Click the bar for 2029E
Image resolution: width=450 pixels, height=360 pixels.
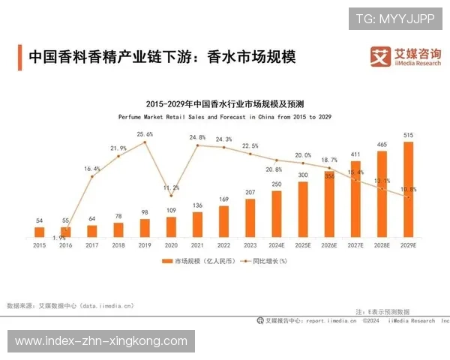[408, 189]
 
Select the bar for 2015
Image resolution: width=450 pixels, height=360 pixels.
[40, 232]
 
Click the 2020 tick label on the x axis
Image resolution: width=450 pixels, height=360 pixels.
[172, 244]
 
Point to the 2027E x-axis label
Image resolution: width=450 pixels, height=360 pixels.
[355, 244]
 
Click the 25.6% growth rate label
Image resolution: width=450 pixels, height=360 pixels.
[145, 134]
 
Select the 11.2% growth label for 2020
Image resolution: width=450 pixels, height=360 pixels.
[171, 187]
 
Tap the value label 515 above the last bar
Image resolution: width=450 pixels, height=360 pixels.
[408, 135]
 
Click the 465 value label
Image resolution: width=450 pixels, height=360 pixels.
[382, 144]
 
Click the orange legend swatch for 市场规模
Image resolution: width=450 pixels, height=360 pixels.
[167, 261]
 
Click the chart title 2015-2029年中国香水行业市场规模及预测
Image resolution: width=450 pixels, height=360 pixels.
[224, 103]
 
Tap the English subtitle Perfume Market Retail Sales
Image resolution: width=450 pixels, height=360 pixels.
[224, 118]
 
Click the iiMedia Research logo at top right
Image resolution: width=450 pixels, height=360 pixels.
[405, 56]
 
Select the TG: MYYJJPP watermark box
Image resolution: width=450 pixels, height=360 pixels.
[395, 18]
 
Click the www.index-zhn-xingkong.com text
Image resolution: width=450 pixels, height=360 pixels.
[101, 341]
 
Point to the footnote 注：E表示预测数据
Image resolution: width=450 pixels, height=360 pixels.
[382, 310]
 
